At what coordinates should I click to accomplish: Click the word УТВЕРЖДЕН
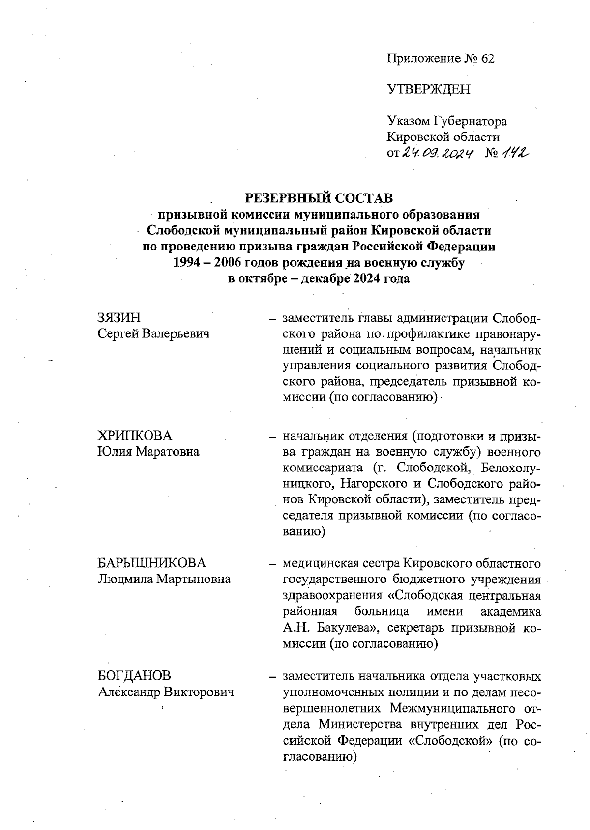(428, 89)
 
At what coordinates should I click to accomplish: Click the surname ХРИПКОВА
(135, 436)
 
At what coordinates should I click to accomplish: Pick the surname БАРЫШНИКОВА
(151, 563)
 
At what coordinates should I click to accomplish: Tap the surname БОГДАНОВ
(134, 676)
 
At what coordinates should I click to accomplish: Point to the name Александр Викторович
(165, 692)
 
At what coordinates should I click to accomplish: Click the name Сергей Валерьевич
(153, 334)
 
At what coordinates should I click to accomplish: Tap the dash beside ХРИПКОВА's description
(271, 436)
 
